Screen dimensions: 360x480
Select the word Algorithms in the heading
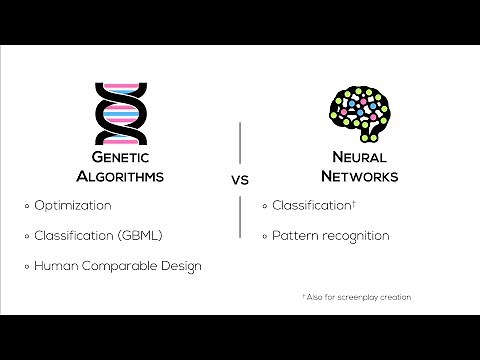[x=119, y=176]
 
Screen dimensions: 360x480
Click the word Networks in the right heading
[x=363, y=176]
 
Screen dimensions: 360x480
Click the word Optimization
[x=73, y=205]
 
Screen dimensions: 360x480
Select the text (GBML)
[x=141, y=236]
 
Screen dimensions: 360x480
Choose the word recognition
[x=355, y=236]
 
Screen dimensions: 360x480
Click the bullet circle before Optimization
[x=27, y=206]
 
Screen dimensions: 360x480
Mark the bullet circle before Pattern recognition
[x=266, y=237]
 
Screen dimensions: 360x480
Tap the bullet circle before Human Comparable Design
[x=27, y=267]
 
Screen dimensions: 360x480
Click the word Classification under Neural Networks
[x=311, y=205]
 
